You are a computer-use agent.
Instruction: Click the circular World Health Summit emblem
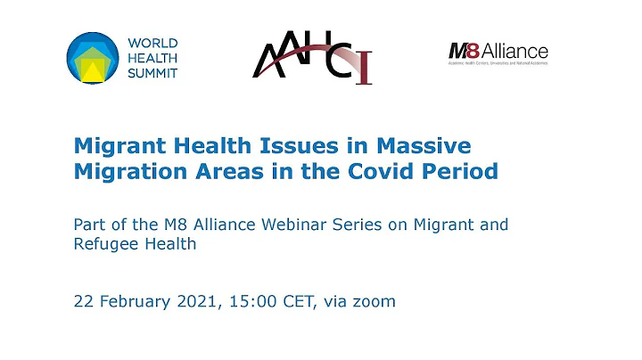point(92,58)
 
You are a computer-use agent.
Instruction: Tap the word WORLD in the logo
point(153,43)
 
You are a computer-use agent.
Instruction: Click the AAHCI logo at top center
point(311,58)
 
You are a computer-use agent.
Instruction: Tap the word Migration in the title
point(120,171)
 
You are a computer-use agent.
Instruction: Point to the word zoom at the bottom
point(374,302)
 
